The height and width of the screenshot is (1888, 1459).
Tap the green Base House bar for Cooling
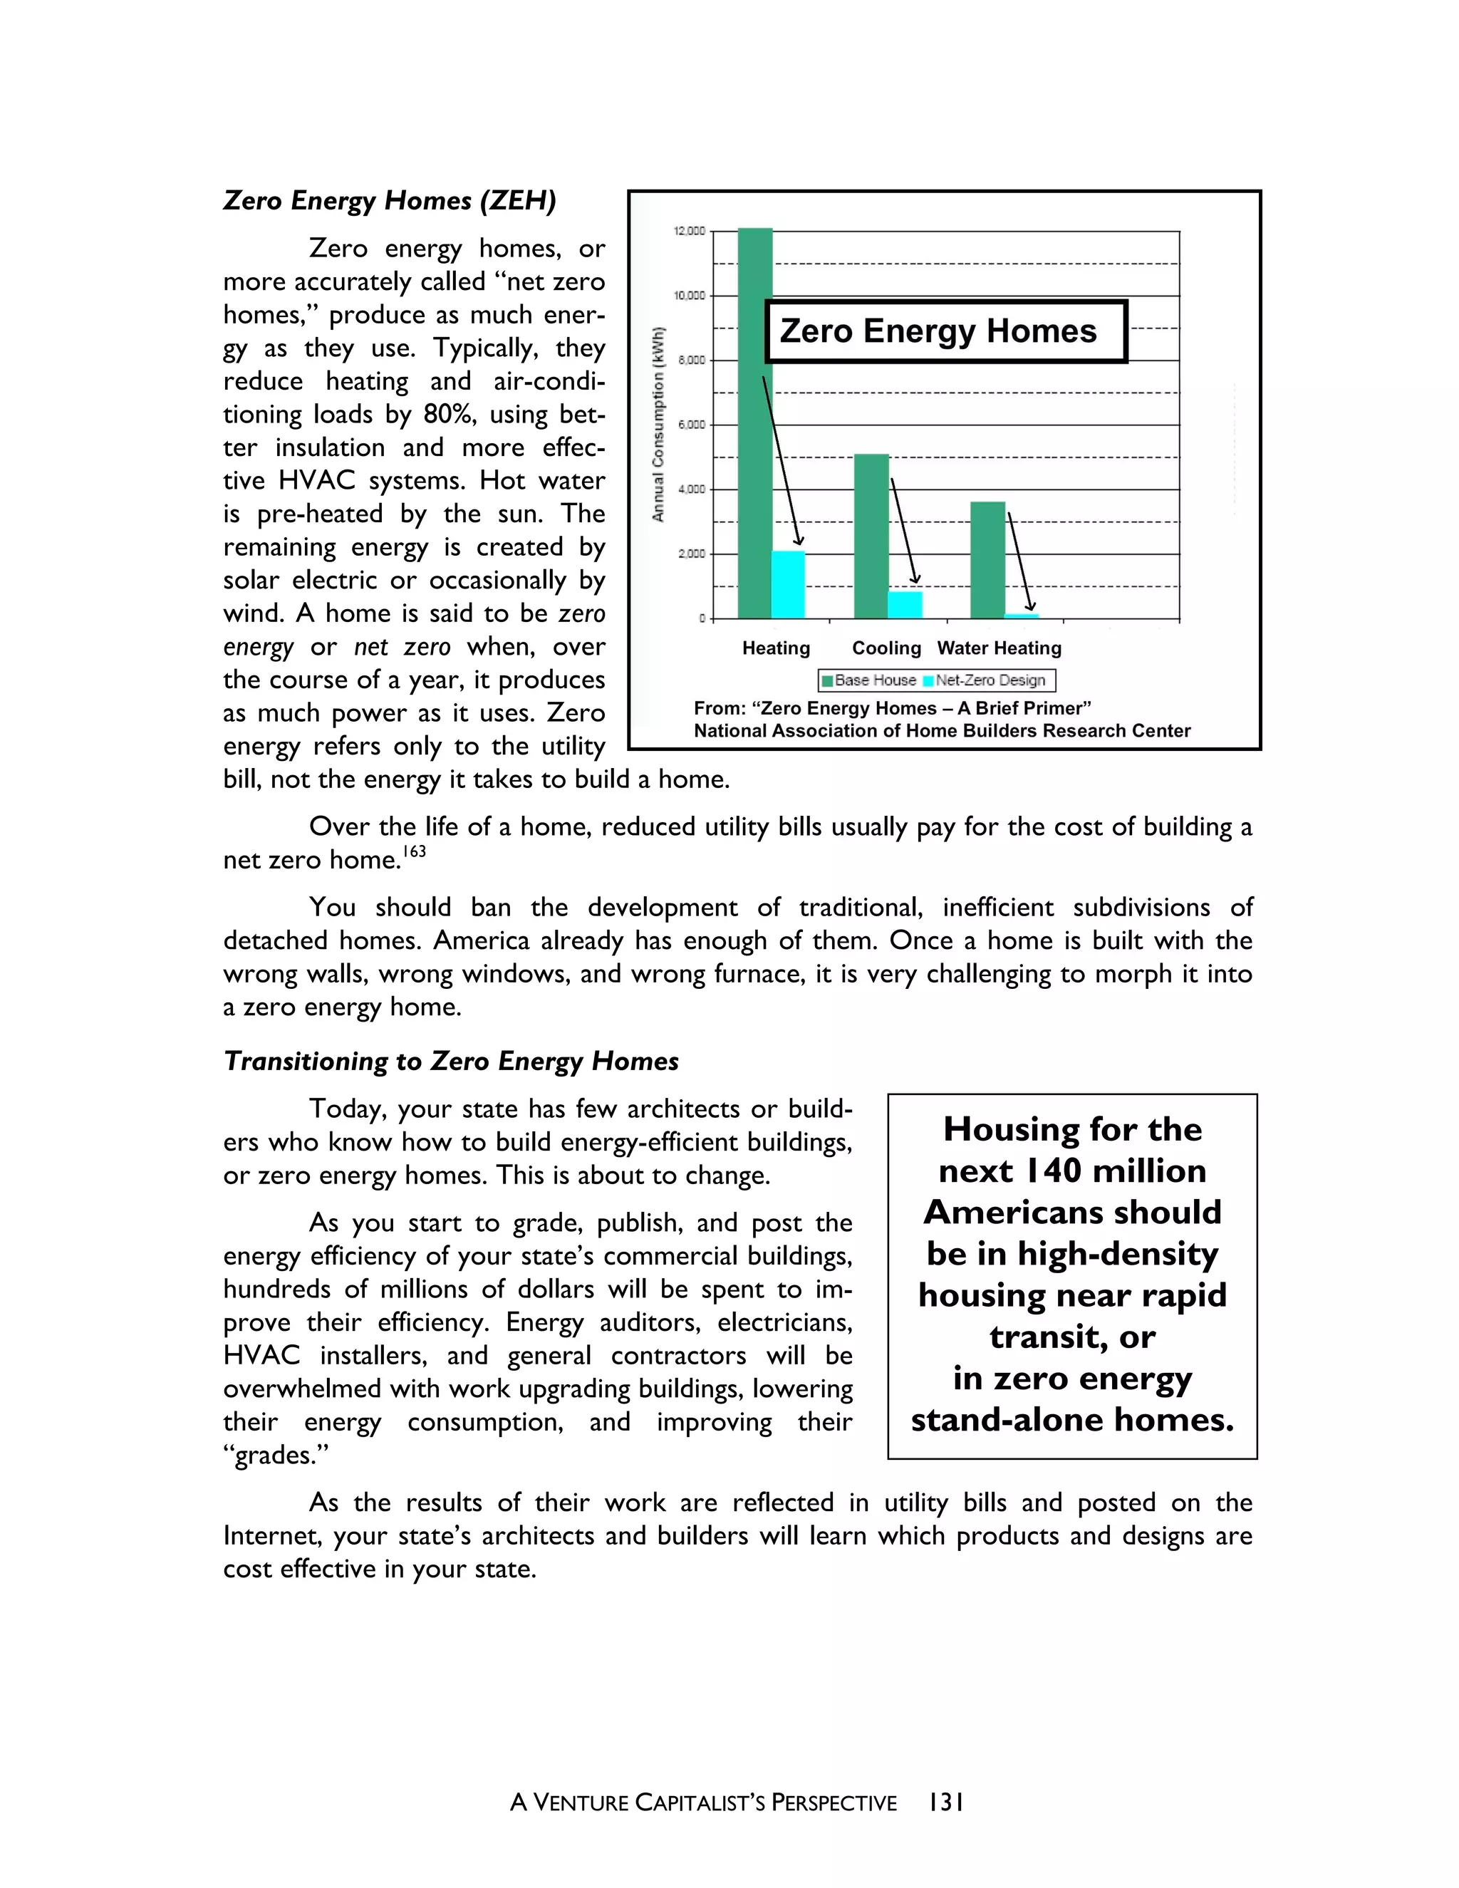point(871,536)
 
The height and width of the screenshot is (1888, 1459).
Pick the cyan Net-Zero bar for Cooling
point(905,605)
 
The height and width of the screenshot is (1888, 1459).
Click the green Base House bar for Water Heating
point(988,560)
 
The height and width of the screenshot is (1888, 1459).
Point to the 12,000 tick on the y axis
point(689,231)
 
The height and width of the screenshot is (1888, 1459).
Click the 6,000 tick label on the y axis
point(690,425)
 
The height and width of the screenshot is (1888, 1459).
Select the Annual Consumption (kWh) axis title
point(659,425)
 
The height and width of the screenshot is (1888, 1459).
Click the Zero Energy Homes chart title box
point(945,332)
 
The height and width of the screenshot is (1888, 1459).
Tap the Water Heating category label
point(1000,648)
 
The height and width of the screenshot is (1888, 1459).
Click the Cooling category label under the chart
point(887,648)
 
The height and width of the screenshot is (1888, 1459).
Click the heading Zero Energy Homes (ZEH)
point(390,201)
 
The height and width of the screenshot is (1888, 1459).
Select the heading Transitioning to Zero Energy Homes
point(451,1062)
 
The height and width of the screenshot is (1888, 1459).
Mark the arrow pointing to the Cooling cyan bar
point(904,530)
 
